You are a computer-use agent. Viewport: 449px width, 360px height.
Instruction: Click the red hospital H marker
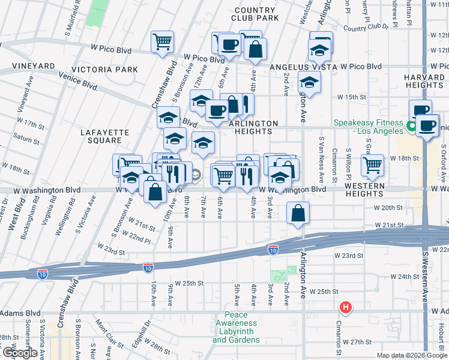pyautogui.click(x=346, y=308)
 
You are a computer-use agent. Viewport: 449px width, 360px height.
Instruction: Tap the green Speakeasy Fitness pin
pyautogui.click(x=412, y=127)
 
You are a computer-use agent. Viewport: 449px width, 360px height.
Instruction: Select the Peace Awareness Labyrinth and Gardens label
pyautogui.click(x=240, y=328)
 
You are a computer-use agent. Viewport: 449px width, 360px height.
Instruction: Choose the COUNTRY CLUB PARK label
pyautogui.click(x=256, y=14)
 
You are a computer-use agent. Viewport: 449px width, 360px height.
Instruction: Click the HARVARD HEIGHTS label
pyautogui.click(x=424, y=82)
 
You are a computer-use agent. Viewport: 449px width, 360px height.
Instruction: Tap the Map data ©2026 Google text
pyautogui.click(x=412, y=355)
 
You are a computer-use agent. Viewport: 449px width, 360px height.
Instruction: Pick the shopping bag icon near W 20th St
pyautogui.click(x=298, y=213)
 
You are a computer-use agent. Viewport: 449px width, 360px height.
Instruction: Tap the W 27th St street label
pyautogui.click(x=361, y=342)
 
